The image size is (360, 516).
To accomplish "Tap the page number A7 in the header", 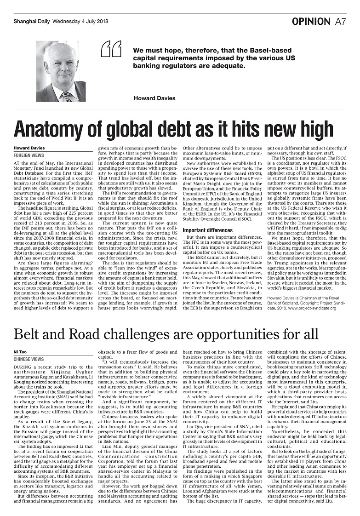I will (x=341, y=21).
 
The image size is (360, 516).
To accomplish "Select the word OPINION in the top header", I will (x=311, y=21).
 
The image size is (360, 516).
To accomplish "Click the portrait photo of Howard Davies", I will (x=61, y=71).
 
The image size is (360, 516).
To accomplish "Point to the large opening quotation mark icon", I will (x=111, y=48).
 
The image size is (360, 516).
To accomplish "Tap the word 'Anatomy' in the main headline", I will (x=51, y=129).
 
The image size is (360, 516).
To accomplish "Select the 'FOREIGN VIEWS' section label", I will (x=29, y=156).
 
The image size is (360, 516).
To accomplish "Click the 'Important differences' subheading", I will (x=207, y=230).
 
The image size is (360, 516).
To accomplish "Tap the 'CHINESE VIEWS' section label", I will (x=29, y=359).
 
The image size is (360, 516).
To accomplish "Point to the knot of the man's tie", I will (x=67, y=95).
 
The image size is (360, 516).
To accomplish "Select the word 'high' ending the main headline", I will (x=326, y=129).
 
